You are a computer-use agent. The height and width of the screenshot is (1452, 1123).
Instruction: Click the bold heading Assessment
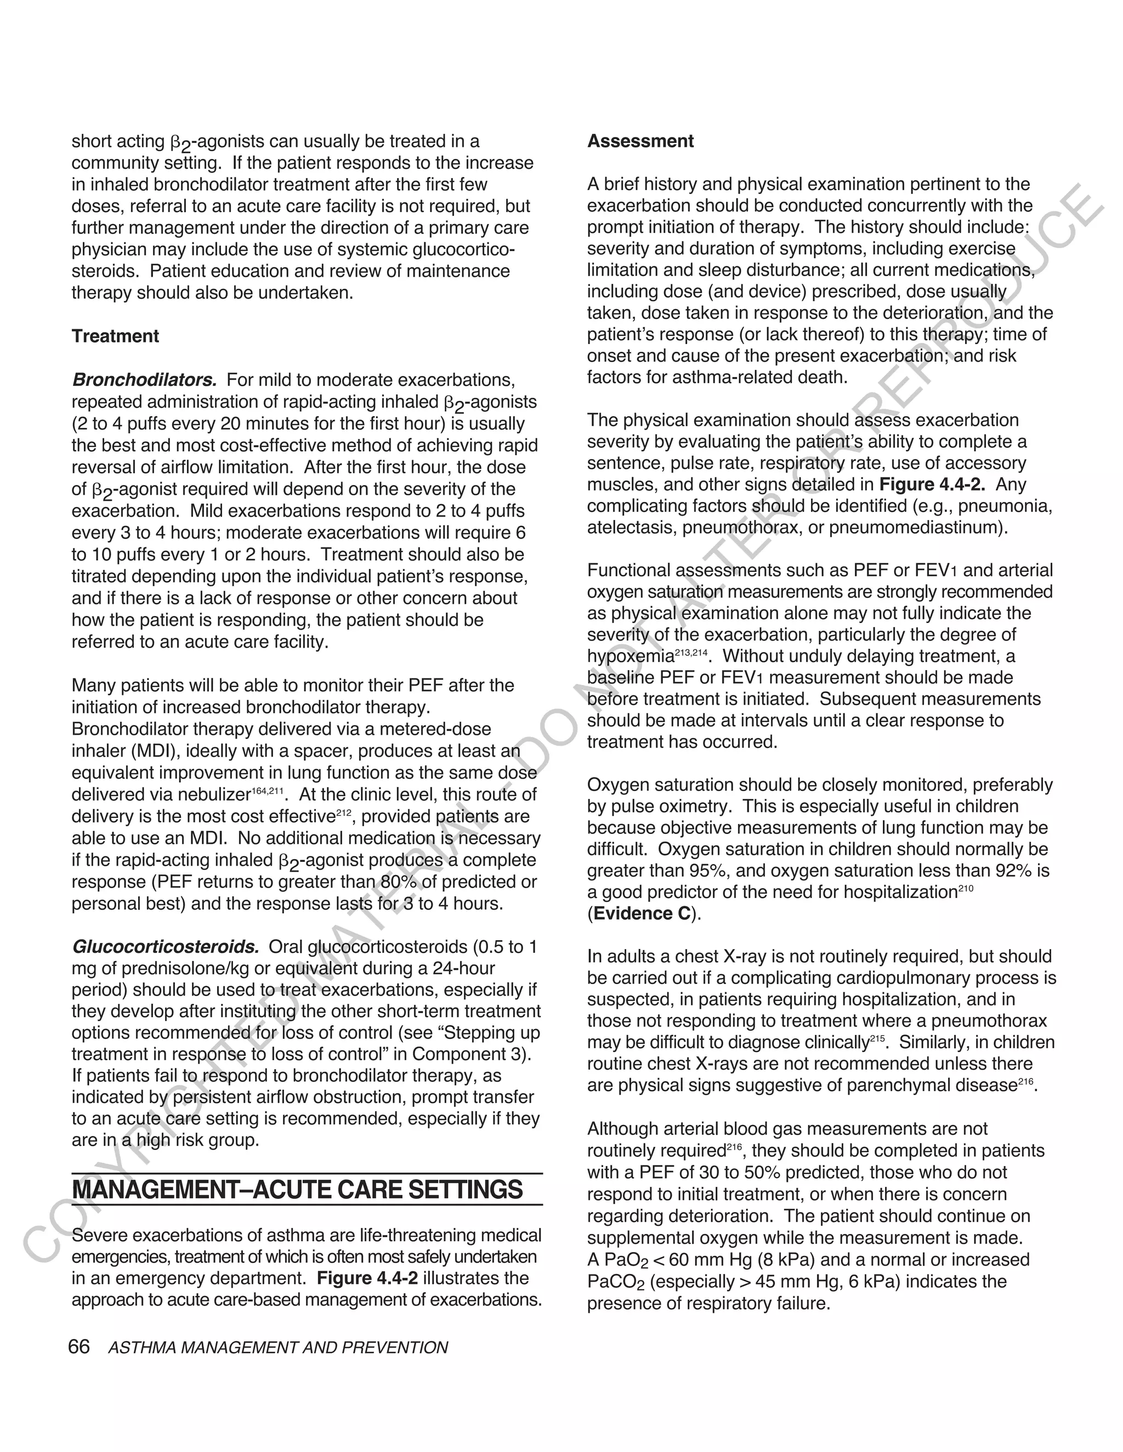tap(640, 141)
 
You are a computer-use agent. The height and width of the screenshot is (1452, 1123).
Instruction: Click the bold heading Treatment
tap(115, 336)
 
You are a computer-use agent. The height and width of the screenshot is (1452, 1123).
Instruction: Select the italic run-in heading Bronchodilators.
tap(144, 380)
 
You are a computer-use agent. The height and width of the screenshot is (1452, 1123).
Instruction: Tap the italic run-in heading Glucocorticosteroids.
tap(165, 946)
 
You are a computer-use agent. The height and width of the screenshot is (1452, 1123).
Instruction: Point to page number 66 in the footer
tap(78, 1346)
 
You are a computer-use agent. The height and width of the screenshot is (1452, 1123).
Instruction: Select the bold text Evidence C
tap(642, 913)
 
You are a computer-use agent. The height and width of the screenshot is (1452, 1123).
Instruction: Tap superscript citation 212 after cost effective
tap(343, 813)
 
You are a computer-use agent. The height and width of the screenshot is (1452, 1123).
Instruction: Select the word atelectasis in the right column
tap(629, 528)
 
